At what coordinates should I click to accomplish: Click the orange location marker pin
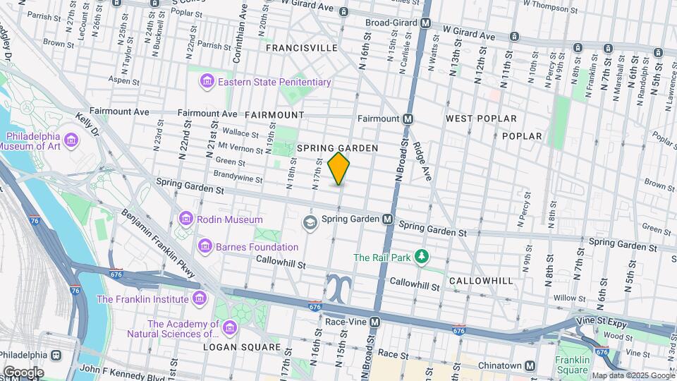[x=339, y=168]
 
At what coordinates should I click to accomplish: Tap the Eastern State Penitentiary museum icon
[x=207, y=83]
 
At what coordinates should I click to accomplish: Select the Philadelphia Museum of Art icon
[x=71, y=141]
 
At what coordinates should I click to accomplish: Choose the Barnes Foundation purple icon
[x=205, y=247]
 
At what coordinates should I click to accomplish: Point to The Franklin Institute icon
[x=198, y=299]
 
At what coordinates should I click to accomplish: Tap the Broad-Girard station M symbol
[x=425, y=23]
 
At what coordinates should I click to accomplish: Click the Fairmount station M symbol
[x=408, y=119]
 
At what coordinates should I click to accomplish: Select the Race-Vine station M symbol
[x=375, y=322]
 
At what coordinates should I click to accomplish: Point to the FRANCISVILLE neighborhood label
[x=301, y=48]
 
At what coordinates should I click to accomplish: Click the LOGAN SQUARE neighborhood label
[x=233, y=347]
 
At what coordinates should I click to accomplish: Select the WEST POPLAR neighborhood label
[x=481, y=119]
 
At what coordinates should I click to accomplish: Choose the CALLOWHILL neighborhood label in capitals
[x=481, y=280]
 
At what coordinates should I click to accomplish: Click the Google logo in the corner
[x=23, y=372]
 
